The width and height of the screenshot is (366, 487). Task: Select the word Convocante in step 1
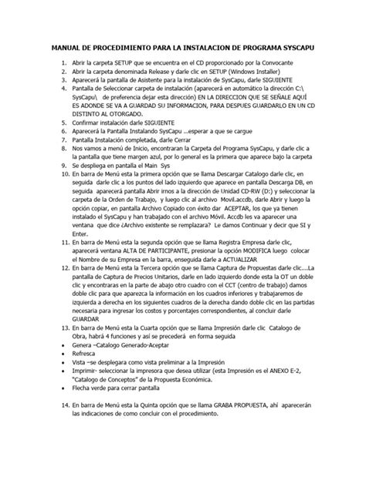[291, 66]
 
